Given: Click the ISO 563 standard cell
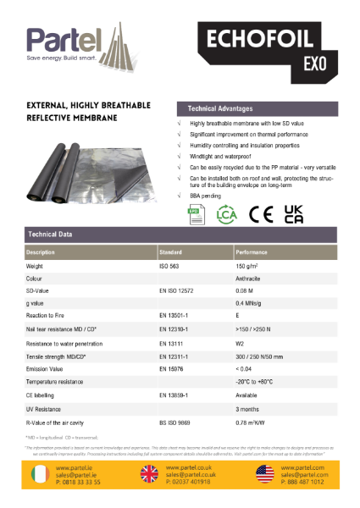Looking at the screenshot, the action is point(170,266).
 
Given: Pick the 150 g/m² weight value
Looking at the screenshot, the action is point(248,266).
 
